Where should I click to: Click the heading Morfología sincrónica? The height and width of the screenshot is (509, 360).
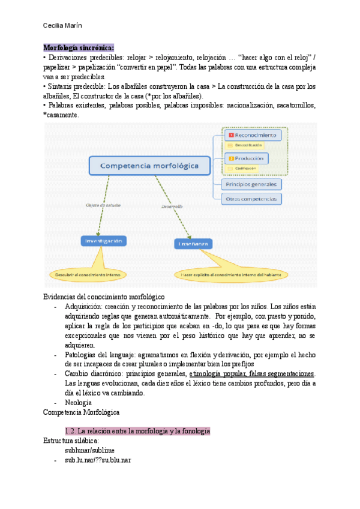[x=78, y=48]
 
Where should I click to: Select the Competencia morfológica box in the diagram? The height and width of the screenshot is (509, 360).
[x=149, y=166]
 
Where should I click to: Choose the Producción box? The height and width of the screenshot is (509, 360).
[x=247, y=158]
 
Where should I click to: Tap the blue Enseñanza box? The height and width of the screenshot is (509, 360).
[x=192, y=244]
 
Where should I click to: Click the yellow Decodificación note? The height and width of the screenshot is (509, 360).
[x=245, y=146]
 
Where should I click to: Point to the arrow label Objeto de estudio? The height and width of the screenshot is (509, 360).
[x=103, y=205]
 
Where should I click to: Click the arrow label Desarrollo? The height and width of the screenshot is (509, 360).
[x=172, y=206]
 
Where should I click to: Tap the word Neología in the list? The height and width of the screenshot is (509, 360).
[x=78, y=402]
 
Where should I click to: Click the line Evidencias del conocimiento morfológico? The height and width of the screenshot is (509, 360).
[x=104, y=297]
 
